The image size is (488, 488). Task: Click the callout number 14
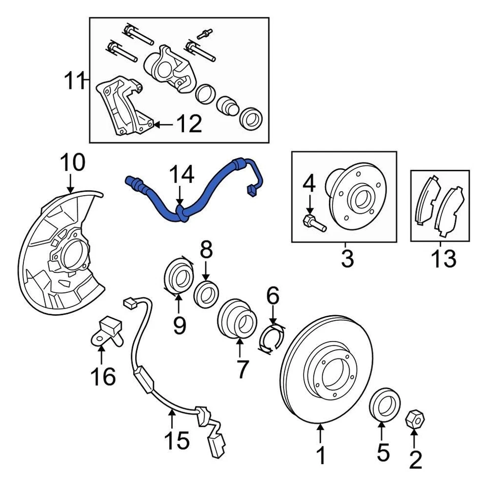[x=181, y=174]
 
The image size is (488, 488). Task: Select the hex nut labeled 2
[x=414, y=420]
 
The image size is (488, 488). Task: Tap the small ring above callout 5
[x=384, y=404]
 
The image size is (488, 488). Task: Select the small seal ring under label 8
[x=207, y=294]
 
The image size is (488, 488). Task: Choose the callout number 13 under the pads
[x=443, y=259]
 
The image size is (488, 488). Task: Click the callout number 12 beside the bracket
[x=188, y=124]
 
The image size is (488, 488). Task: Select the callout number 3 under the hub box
[x=347, y=259]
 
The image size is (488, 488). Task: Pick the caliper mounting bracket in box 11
[x=122, y=107]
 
